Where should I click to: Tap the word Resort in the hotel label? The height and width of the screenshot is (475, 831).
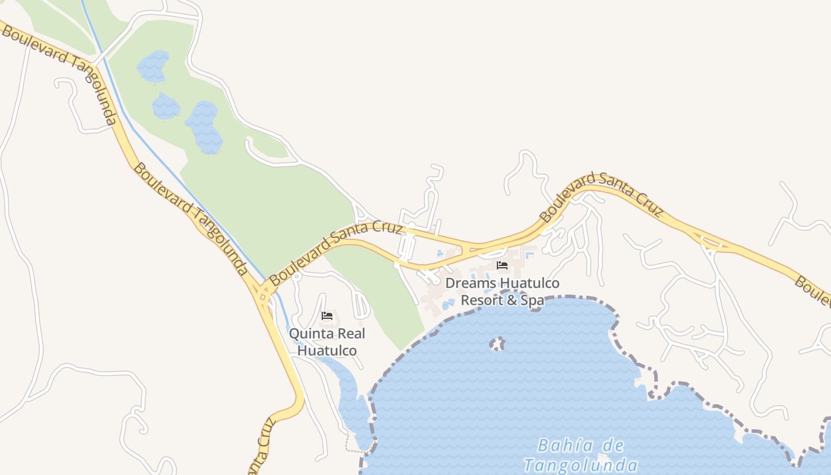point(481,300)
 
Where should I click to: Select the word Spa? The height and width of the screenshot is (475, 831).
point(532,300)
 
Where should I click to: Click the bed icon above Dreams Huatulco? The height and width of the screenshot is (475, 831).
point(502,265)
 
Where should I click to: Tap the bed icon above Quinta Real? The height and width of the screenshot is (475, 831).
point(326,315)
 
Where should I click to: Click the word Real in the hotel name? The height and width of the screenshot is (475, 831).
point(351,334)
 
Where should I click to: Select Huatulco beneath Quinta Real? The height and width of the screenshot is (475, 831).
point(327,350)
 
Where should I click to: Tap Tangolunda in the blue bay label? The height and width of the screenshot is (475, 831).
point(581,465)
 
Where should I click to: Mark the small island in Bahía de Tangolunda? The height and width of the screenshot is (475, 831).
point(496,344)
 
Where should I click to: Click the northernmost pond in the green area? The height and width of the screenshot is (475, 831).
point(153,66)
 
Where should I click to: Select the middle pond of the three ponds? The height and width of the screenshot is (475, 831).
point(166,107)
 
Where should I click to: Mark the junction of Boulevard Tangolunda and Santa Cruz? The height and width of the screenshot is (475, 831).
point(263,292)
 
